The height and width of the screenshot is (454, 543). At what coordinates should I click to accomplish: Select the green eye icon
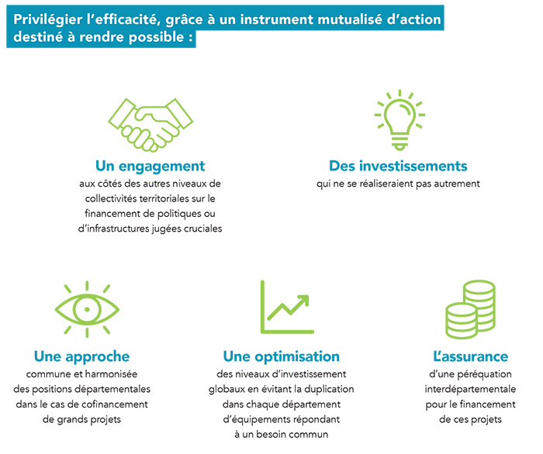87,309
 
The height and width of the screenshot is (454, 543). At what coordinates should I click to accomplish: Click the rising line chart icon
287,307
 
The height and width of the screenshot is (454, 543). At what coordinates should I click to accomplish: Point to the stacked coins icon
471,309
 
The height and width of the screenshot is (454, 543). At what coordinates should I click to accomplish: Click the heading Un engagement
150,167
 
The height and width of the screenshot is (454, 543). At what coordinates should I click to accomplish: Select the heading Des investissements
398,166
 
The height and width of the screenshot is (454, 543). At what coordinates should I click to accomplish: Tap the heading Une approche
81,356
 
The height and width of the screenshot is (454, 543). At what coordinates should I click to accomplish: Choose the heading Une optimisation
281,356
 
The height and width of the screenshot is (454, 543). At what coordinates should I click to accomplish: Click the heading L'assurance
471,356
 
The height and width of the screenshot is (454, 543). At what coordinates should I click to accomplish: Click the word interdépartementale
470,390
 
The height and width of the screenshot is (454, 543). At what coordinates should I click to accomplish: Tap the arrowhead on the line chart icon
303,300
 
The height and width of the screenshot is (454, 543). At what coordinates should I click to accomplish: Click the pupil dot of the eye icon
87,309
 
